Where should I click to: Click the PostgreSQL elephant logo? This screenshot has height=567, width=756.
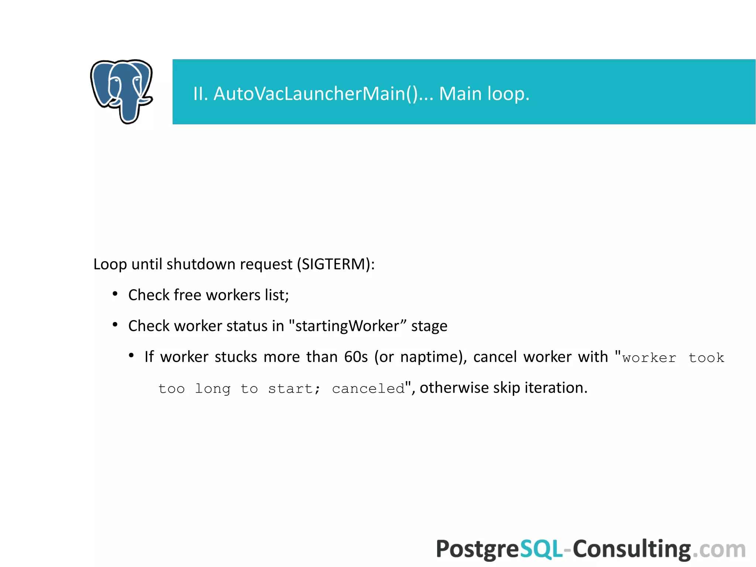(121, 91)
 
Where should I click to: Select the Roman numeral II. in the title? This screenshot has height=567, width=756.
(201, 93)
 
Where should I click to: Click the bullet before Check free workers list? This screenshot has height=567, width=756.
(115, 294)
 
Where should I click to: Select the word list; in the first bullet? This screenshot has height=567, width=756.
(276, 295)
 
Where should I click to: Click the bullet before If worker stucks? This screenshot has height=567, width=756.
(131, 356)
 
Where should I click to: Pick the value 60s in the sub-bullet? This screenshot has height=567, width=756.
(356, 357)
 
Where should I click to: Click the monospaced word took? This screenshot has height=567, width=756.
(706, 358)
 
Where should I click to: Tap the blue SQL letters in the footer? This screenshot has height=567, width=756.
(541, 549)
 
